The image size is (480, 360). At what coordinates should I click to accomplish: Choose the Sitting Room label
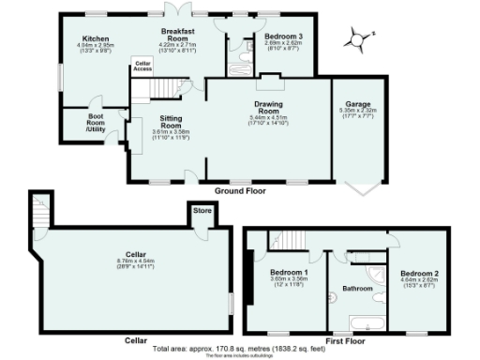tap(170, 120)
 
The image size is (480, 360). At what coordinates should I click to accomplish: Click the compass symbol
tap(354, 39)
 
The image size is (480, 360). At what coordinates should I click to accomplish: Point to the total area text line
tap(239, 349)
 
